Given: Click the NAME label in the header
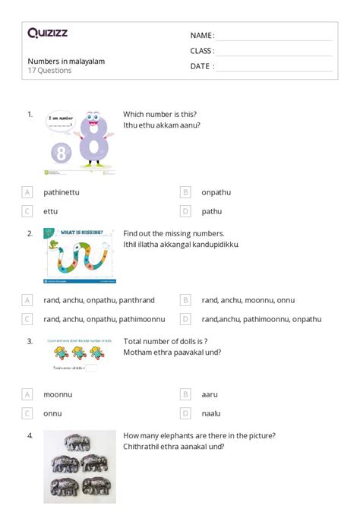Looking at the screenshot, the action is click(201, 36).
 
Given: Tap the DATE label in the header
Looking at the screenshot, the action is click(201, 66).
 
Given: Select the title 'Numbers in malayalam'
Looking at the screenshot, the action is click(66, 61).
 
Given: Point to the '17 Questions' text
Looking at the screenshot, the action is click(49, 71).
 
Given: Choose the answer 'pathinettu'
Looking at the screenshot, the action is click(62, 192).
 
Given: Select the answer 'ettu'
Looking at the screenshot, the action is click(51, 211).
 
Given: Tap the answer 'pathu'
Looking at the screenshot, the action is click(212, 211).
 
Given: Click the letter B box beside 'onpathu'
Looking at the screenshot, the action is click(185, 192).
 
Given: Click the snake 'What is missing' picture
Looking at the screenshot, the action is click(80, 255).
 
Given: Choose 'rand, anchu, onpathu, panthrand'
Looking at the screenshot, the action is click(99, 300).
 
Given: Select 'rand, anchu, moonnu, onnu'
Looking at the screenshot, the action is click(248, 300).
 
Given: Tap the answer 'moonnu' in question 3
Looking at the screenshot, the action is click(58, 394).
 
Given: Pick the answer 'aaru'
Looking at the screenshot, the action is click(210, 394).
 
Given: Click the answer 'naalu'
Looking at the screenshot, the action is click(211, 413).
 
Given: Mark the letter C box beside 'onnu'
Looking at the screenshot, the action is click(27, 413).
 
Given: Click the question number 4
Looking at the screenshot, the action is click(30, 436).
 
